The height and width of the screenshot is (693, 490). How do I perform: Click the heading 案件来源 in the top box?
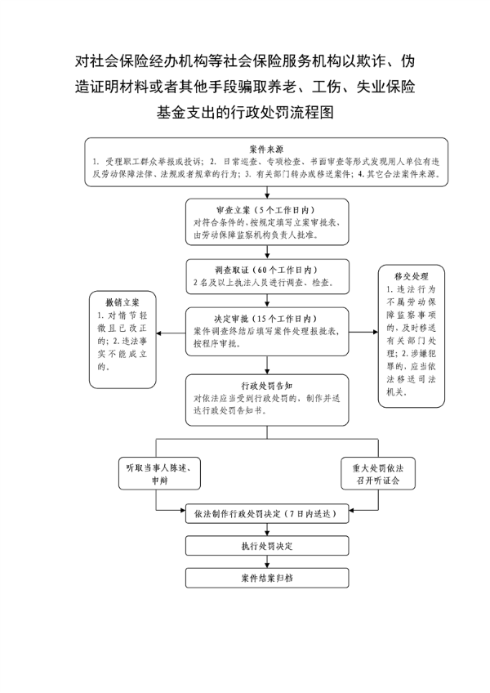(x=266, y=149)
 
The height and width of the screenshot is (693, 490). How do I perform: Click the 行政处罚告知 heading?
(x=267, y=386)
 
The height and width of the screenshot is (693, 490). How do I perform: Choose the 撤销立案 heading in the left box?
(x=122, y=302)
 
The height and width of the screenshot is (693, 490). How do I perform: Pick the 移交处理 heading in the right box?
(x=412, y=276)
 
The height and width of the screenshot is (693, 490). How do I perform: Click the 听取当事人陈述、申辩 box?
(x=159, y=473)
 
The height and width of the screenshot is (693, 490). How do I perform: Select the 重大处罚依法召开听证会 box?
(x=378, y=473)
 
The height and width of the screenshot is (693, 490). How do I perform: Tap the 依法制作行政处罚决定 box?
(x=267, y=513)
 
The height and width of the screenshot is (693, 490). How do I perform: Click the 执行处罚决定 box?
(x=267, y=546)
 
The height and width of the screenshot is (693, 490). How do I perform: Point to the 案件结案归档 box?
(x=267, y=578)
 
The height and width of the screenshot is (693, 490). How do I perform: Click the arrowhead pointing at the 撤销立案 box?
(x=159, y=333)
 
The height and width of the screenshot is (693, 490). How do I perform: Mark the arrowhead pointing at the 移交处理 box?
(x=376, y=332)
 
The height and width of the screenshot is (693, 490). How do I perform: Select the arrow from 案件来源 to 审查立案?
(x=267, y=192)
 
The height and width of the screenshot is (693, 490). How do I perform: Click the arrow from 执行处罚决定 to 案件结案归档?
(x=267, y=561)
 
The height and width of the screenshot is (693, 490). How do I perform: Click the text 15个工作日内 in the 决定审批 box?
(x=284, y=319)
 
